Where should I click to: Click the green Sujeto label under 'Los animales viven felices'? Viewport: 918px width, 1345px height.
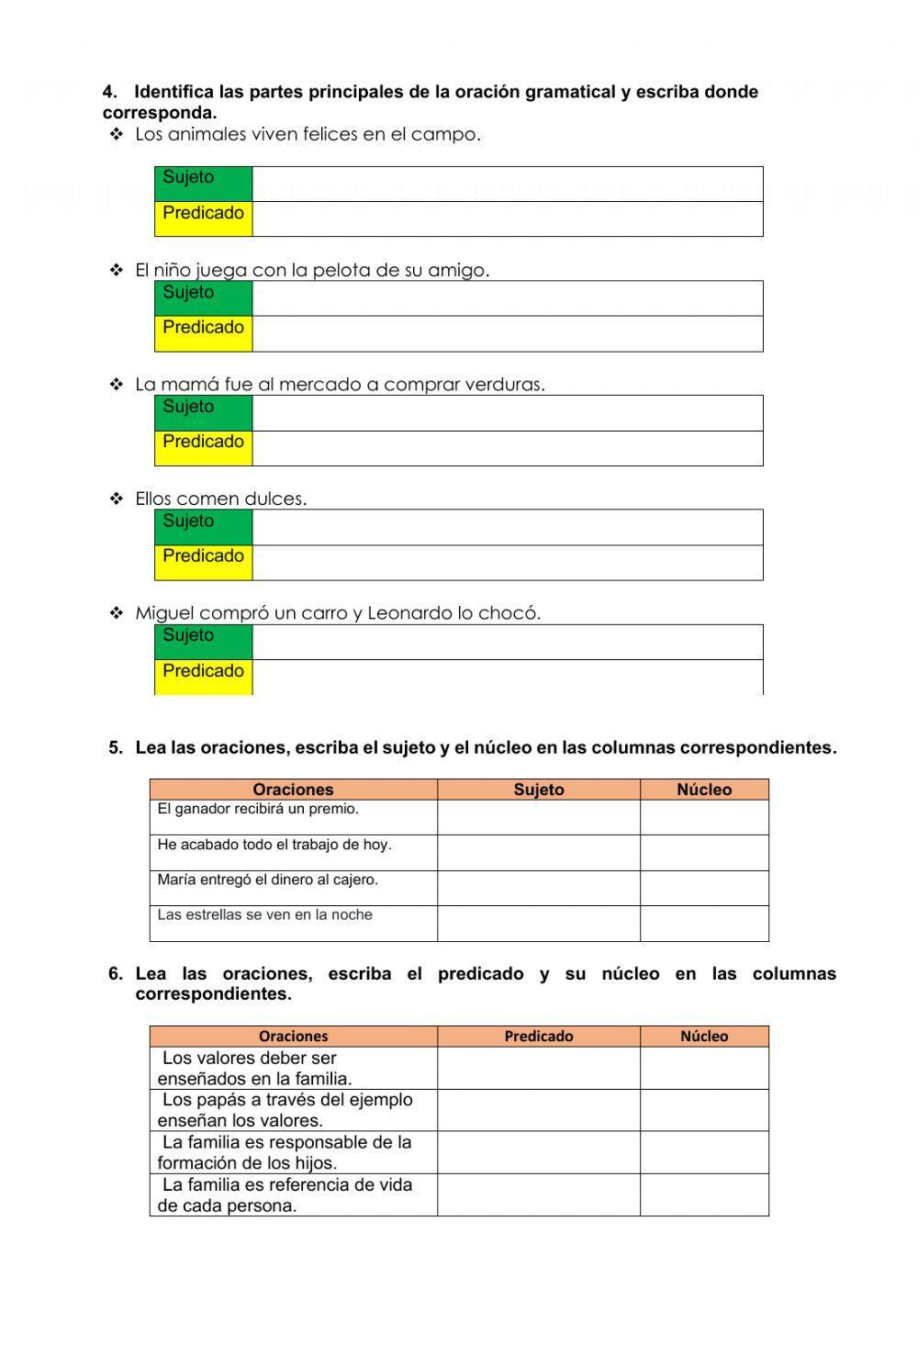[x=203, y=184]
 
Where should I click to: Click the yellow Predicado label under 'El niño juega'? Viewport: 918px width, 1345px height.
[x=203, y=333]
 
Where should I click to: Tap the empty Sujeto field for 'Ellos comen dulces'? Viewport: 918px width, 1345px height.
[x=507, y=528]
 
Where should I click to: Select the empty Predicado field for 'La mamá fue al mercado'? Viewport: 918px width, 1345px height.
[x=507, y=449]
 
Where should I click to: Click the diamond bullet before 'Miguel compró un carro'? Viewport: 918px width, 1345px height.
[x=117, y=613]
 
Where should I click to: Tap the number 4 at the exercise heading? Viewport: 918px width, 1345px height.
[x=109, y=92]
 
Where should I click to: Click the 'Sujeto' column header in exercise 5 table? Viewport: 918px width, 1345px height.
[x=538, y=790]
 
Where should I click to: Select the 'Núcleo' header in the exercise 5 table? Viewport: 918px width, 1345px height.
[x=704, y=790]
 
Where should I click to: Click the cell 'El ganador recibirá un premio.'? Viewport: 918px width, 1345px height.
[x=293, y=817]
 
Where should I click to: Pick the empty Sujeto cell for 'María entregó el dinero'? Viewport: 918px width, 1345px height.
[x=538, y=888]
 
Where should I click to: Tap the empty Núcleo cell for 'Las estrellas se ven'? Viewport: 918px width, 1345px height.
[x=704, y=924]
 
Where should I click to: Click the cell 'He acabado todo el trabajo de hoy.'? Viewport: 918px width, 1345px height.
[x=293, y=852]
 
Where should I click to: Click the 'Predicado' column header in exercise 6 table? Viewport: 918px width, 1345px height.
[x=538, y=1037]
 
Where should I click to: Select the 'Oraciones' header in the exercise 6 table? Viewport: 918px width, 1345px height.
[x=293, y=1037]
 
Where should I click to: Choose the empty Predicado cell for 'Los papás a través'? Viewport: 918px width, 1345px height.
[x=538, y=1110]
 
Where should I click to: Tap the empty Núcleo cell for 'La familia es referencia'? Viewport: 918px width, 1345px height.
[x=704, y=1194]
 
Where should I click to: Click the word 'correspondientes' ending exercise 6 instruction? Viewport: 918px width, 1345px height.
[x=213, y=994]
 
